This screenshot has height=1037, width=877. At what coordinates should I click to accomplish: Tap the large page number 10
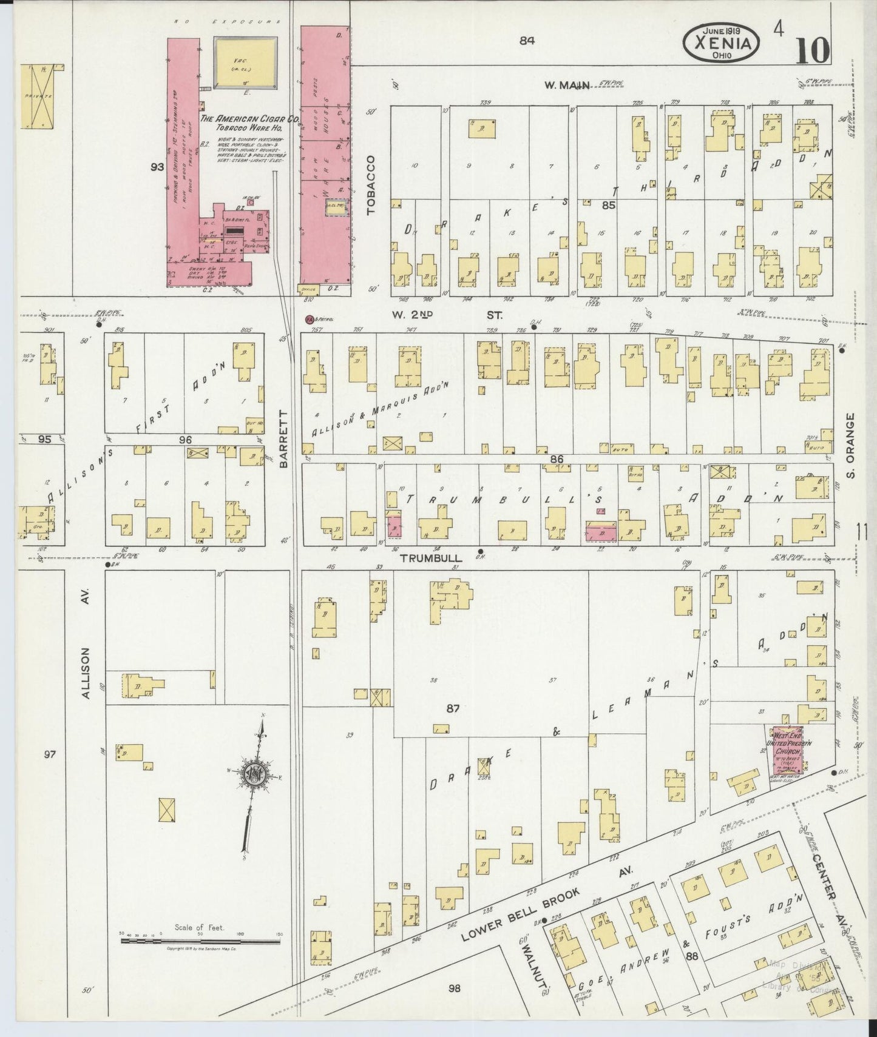(x=811, y=50)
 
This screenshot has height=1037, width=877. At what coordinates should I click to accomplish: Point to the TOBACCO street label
(x=371, y=184)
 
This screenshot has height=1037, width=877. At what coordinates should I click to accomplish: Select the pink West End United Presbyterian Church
(x=787, y=750)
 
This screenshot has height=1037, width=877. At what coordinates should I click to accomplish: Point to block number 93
(x=157, y=167)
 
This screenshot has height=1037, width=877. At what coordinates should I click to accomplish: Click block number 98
(x=454, y=988)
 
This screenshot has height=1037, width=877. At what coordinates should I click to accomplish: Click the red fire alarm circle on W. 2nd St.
(x=309, y=318)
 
